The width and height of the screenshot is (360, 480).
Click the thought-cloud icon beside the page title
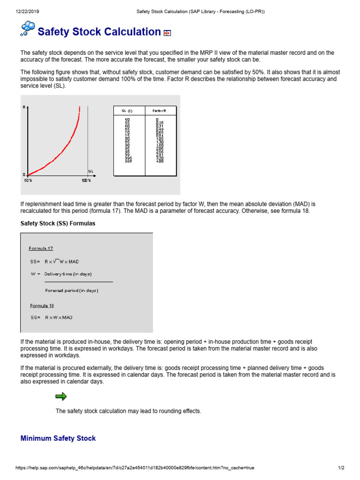tap(28, 29)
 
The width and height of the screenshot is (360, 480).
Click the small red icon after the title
tap(167, 33)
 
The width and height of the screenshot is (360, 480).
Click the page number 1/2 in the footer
tap(341, 468)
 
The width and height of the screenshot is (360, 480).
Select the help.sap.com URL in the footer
tap(135, 468)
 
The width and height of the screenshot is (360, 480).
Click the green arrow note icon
tap(61, 397)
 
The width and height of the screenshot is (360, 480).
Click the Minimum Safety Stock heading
tap(58, 438)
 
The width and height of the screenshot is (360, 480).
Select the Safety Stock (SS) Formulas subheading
tap(58, 224)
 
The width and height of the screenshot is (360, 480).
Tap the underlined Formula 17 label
tap(41, 248)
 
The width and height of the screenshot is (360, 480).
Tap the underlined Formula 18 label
tap(42, 305)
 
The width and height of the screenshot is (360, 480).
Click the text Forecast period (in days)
tap(72, 290)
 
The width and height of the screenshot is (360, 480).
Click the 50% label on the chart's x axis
tap(28, 180)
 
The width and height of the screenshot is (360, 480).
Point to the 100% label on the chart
tap(86, 180)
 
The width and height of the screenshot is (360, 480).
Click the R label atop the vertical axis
tap(24, 107)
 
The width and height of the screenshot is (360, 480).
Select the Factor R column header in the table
tap(159, 111)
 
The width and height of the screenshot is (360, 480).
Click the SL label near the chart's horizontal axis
tap(90, 171)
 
